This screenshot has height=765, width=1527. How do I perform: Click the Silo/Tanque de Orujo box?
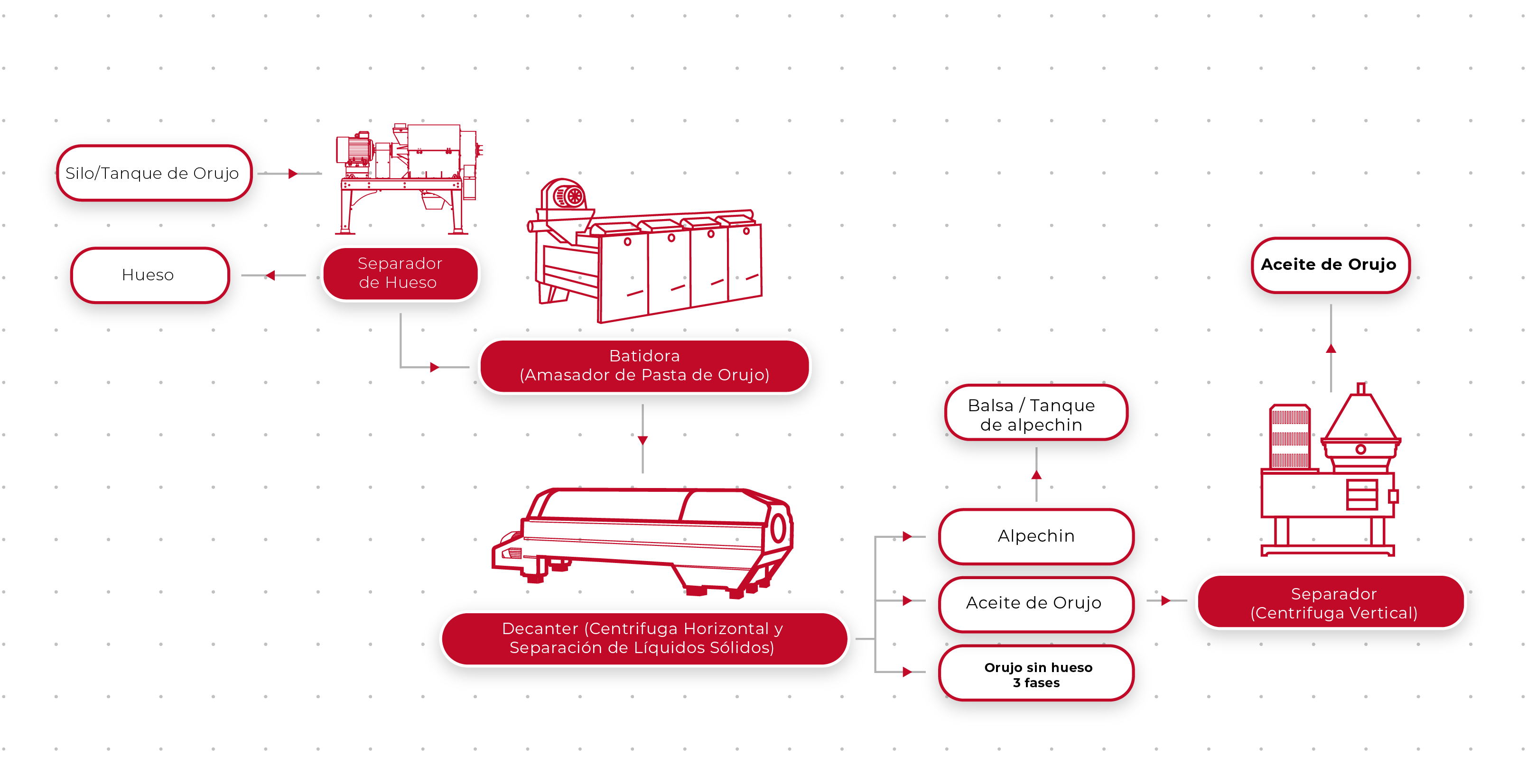pyautogui.click(x=153, y=173)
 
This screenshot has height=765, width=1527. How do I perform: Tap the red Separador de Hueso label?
pyautogui.click(x=400, y=273)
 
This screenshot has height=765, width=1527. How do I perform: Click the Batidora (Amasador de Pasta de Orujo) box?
pyautogui.click(x=644, y=366)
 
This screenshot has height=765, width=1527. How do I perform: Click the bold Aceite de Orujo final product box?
pyautogui.click(x=1329, y=264)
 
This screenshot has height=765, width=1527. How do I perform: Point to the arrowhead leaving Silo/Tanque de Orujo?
pyautogui.click(x=292, y=174)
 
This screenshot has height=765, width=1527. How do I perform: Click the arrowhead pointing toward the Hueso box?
pyautogui.click(x=271, y=276)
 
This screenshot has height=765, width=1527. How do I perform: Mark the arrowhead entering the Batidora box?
pyautogui.click(x=434, y=368)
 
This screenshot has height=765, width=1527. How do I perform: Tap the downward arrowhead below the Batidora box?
pyautogui.click(x=642, y=440)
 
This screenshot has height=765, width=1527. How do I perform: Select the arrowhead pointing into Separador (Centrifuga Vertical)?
pyautogui.click(x=1165, y=601)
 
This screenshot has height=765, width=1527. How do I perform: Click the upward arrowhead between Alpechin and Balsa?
pyautogui.click(x=1036, y=475)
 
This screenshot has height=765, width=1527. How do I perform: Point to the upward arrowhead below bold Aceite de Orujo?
pyautogui.click(x=1331, y=349)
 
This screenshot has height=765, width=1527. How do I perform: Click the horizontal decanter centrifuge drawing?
pyautogui.click(x=643, y=539)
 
